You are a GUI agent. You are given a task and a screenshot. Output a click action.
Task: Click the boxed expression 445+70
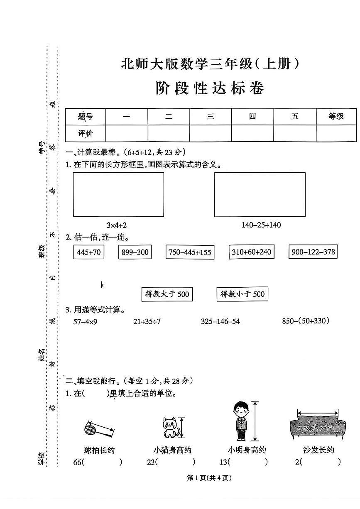[89, 252]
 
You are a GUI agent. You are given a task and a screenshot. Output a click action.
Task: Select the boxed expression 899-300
[135, 252]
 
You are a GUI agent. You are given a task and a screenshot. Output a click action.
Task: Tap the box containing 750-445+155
[190, 252]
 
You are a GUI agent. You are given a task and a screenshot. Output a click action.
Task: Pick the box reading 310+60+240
[251, 252]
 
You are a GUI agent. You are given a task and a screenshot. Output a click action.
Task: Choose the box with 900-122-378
[313, 251]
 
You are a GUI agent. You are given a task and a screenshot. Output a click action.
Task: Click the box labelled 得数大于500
[167, 294]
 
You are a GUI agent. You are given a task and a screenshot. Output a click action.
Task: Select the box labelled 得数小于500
[242, 294]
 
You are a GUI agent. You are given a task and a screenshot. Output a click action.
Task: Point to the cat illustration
[169, 428]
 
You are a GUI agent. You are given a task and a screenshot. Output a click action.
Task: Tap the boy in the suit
[241, 421]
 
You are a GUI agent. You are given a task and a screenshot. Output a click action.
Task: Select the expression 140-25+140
[261, 225]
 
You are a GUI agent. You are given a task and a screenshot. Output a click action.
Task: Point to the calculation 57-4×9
[85, 321]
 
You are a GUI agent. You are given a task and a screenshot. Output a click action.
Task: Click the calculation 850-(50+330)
[306, 321]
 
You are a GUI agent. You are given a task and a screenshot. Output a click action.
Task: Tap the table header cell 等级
[336, 116]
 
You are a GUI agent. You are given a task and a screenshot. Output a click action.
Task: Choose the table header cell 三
[211, 116]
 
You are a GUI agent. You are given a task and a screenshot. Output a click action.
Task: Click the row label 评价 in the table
[86, 133]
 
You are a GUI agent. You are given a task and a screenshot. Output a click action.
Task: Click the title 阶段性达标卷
[210, 89]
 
